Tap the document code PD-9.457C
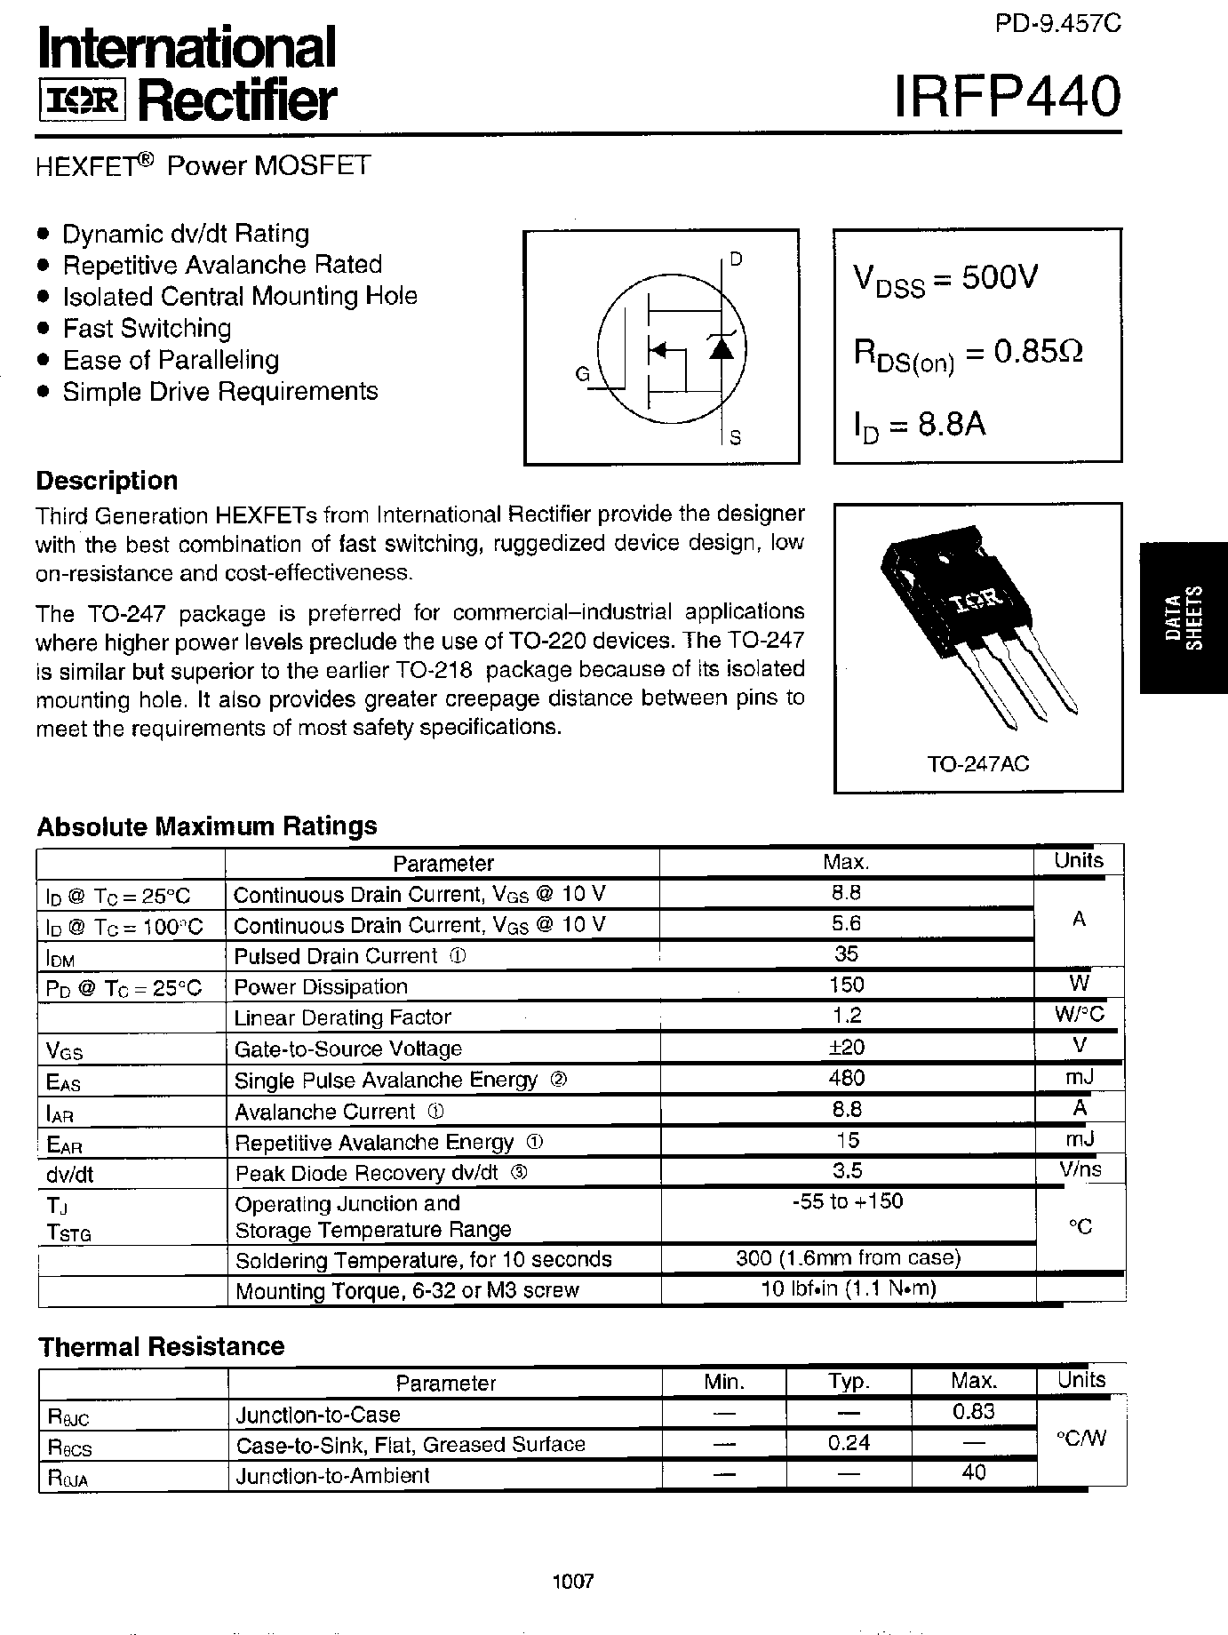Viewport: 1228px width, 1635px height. coord(1057,24)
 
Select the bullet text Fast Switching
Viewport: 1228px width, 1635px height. coord(147,329)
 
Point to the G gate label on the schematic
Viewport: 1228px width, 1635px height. coord(583,374)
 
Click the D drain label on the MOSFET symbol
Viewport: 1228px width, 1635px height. coord(736,259)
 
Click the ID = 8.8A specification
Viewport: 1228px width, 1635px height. coord(920,425)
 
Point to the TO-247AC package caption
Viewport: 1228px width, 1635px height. coord(977,763)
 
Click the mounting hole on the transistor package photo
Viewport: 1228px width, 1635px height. coord(944,557)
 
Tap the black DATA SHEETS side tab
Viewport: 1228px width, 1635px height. coord(1184,618)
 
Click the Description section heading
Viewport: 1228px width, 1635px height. coord(107,481)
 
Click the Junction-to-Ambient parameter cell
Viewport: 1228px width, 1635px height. coord(332,1475)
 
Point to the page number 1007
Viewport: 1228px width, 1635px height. coord(572,1581)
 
